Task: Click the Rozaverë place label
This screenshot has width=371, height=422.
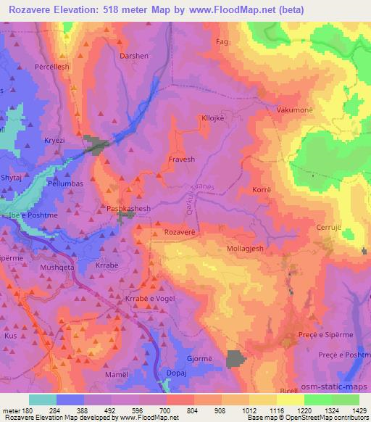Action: (x=181, y=231)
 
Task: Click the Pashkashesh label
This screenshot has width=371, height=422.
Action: (x=129, y=208)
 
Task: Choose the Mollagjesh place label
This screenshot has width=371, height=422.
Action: (x=250, y=247)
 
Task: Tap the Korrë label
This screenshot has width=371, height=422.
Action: (x=263, y=189)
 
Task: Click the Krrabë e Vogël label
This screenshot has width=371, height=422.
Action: (x=151, y=299)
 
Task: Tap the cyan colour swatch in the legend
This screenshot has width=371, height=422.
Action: (x=43, y=400)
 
